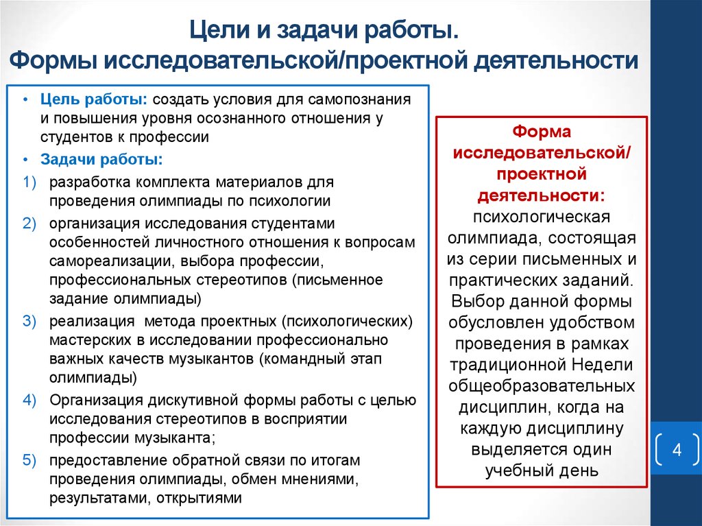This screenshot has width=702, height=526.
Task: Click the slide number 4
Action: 677,451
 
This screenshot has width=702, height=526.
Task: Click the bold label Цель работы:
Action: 95,99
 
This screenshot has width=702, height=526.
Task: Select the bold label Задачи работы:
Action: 101,160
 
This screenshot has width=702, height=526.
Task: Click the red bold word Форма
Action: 542,131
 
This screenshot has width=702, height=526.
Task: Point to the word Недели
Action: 601,363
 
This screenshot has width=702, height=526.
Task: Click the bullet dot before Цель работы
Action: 25,99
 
